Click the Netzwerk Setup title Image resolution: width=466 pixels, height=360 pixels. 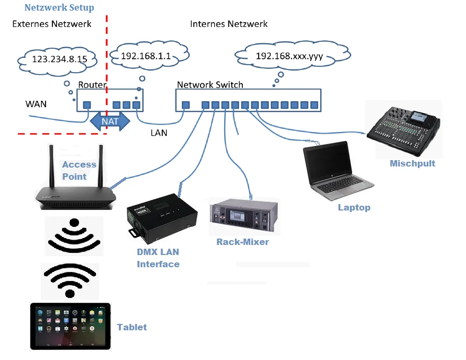59,8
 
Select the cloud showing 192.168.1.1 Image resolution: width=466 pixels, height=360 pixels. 149,55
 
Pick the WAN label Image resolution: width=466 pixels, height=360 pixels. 36,104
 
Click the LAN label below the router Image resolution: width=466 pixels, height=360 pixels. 159,133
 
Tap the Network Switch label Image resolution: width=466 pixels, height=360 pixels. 210,85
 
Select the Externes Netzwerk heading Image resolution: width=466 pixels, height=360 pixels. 51,24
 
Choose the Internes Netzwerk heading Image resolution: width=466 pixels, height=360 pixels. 228,24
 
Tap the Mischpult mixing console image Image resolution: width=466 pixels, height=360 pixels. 404,129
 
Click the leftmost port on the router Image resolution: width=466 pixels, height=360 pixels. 86,105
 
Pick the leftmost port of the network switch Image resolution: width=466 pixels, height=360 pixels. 185,105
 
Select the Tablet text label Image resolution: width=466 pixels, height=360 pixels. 131,327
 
